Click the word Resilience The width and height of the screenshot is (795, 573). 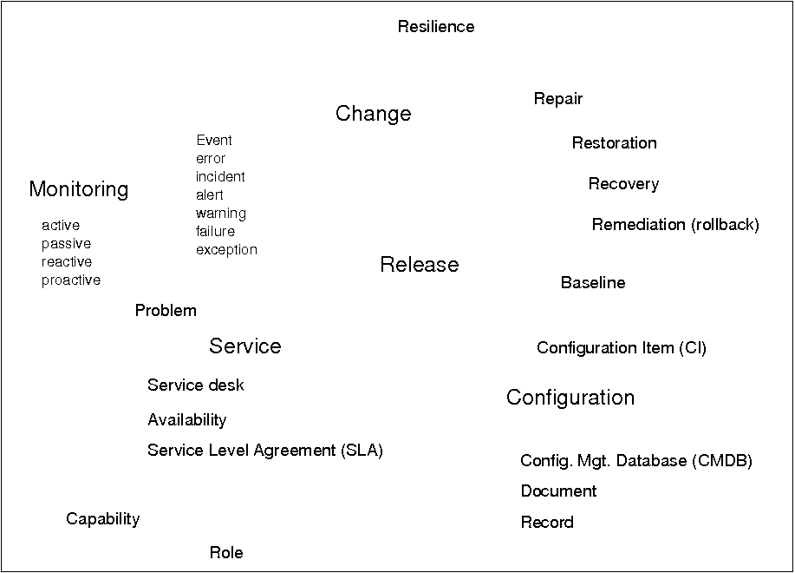coord(436,26)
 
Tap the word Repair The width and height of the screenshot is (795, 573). coord(558,99)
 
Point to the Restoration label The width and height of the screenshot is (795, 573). coord(615,142)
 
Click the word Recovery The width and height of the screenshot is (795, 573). coord(623,184)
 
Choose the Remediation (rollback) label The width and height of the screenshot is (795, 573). coord(675,224)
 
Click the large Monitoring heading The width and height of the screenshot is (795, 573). coord(79,190)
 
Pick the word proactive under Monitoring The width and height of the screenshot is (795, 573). coord(71,280)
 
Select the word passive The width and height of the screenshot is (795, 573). coord(67,244)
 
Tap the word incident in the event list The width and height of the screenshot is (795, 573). coord(220,176)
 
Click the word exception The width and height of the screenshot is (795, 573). coord(226,250)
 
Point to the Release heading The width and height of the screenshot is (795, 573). coord(420,265)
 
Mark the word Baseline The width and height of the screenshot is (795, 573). coord(593,283)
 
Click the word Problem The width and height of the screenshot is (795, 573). coord(166,310)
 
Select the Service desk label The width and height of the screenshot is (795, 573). coord(196,385)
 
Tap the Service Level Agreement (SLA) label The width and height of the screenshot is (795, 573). coord(265,451)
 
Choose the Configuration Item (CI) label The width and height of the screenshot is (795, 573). coord(622,348)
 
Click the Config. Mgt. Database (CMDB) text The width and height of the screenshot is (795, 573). coord(636,461)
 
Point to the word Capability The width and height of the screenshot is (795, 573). coord(103,519)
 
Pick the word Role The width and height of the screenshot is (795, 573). coord(226,553)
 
